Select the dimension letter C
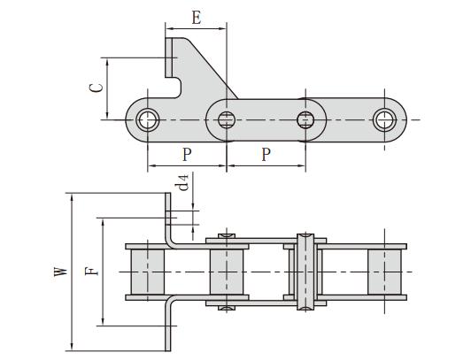(x=99, y=88)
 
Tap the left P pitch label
(x=187, y=154)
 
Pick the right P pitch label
(x=266, y=154)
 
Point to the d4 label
(x=182, y=183)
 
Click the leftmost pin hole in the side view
(x=149, y=119)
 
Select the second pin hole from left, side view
(x=227, y=119)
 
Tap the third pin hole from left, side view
(x=306, y=119)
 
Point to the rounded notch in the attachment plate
(x=180, y=86)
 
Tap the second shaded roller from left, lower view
(x=226, y=272)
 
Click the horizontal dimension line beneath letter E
(x=196, y=28)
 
